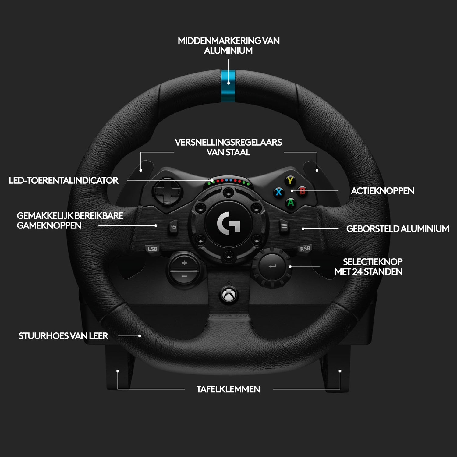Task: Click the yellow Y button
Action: click(x=290, y=181)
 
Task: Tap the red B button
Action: click(x=302, y=191)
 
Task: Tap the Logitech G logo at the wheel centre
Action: click(x=229, y=224)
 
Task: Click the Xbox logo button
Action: click(x=228, y=295)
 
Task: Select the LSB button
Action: click(x=152, y=249)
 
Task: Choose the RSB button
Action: click(x=305, y=249)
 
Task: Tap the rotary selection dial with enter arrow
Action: click(x=272, y=267)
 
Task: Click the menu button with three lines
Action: click(x=284, y=226)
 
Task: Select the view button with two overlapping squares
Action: click(x=173, y=227)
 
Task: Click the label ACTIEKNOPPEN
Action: click(x=382, y=191)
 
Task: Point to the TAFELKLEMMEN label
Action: click(x=228, y=389)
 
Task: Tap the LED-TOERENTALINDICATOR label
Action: click(x=63, y=180)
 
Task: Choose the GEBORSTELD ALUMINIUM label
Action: click(x=398, y=229)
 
